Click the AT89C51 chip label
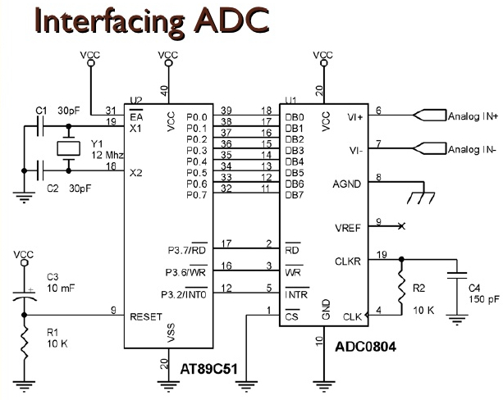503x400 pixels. pos(208,370)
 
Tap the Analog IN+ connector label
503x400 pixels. pos(473,116)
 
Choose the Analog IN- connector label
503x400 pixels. pos(472,150)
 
